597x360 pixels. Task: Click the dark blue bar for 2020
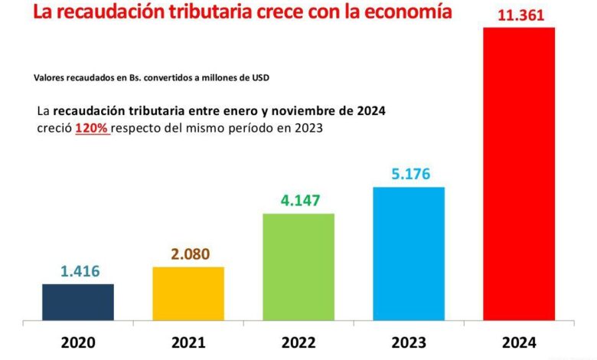78,302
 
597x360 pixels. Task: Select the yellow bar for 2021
188,293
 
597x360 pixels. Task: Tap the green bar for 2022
298,267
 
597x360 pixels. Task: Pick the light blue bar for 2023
409,254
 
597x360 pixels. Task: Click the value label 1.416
80,271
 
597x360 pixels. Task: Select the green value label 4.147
298,201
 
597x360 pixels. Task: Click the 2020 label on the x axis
79,342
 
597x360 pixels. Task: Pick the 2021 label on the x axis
189,342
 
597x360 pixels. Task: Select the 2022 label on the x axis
298,342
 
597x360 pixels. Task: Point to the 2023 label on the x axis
409,342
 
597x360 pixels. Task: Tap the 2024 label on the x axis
519,342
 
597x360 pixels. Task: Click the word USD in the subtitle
260,77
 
